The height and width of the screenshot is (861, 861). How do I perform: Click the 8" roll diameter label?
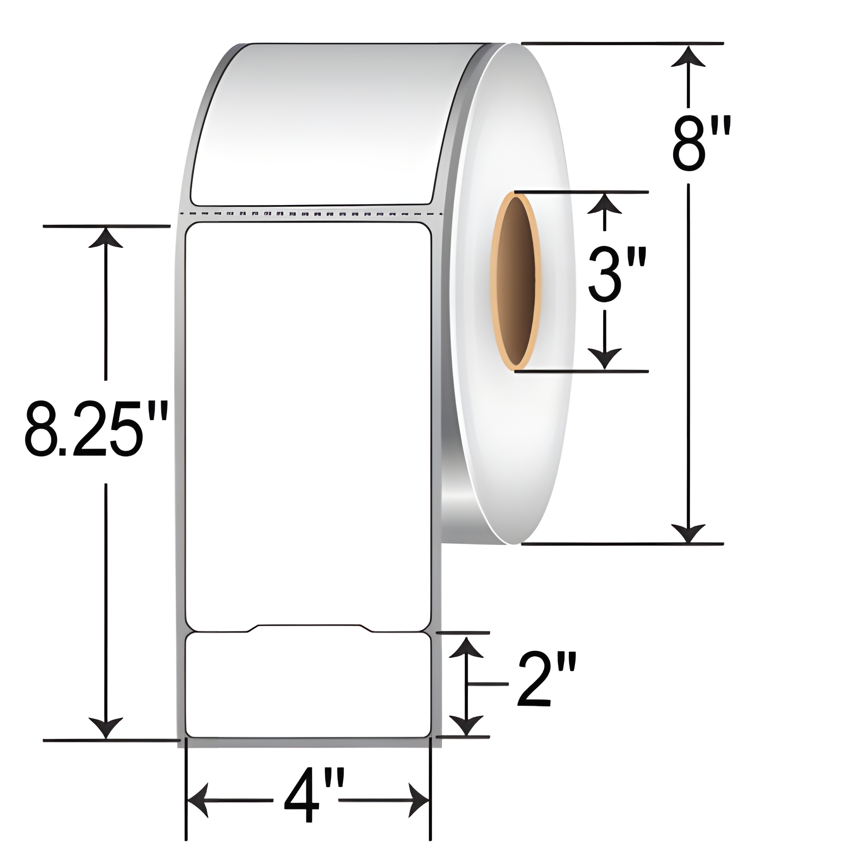click(701, 145)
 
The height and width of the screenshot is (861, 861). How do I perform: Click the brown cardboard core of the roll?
click(516, 281)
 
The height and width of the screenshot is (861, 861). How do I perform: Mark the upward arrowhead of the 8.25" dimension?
click(105, 238)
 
